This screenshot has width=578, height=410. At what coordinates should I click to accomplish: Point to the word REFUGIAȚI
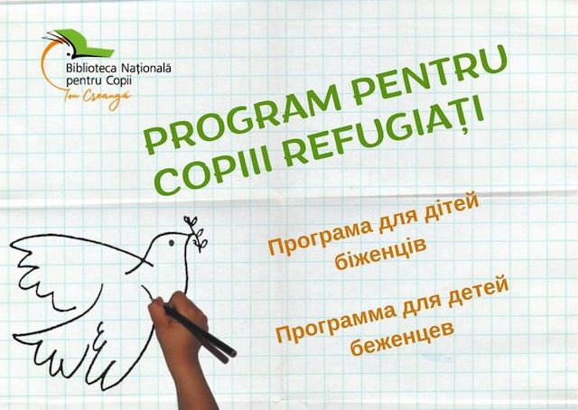tap(383, 131)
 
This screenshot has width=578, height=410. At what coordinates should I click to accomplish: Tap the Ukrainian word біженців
tap(380, 254)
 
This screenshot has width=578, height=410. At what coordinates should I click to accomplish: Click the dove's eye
tap(172, 243)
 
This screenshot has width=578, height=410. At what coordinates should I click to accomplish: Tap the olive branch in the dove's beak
tap(195, 233)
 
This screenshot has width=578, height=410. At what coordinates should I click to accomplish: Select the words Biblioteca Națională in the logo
tap(118, 69)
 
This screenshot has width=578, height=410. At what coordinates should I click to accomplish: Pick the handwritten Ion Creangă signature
tap(98, 98)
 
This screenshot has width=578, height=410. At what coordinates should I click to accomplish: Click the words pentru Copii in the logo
tap(98, 80)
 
